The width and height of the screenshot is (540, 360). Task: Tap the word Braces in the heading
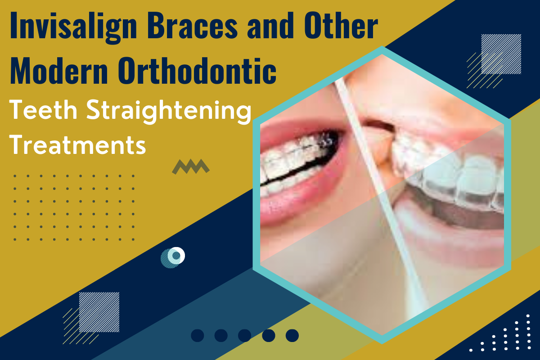pyautogui.click(x=193, y=25)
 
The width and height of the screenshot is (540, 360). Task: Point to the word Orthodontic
pyautogui.click(x=197, y=70)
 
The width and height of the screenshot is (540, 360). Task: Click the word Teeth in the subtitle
pyautogui.click(x=43, y=110)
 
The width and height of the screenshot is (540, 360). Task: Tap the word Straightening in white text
pyautogui.click(x=169, y=112)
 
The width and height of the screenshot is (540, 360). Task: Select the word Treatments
pyautogui.click(x=77, y=145)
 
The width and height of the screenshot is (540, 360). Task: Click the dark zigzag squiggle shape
pyautogui.click(x=191, y=166)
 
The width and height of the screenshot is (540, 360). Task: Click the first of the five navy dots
pyautogui.click(x=198, y=335)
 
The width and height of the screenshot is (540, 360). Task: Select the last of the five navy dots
pyautogui.click(x=292, y=335)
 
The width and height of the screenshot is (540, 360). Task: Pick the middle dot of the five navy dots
pyautogui.click(x=245, y=335)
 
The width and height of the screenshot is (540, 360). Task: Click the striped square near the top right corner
pyautogui.click(x=501, y=54)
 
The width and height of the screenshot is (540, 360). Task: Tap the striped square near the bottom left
pyautogui.click(x=99, y=312)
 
